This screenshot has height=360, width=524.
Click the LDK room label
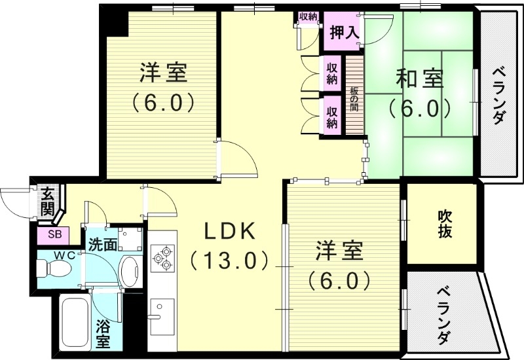229,231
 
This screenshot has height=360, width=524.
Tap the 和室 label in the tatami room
419,79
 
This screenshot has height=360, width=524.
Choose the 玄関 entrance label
48,201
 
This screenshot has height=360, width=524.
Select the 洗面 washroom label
103,244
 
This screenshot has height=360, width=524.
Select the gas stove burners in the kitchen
162,258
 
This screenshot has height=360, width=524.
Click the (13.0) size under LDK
229,261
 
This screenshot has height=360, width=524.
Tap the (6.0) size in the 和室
419,107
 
